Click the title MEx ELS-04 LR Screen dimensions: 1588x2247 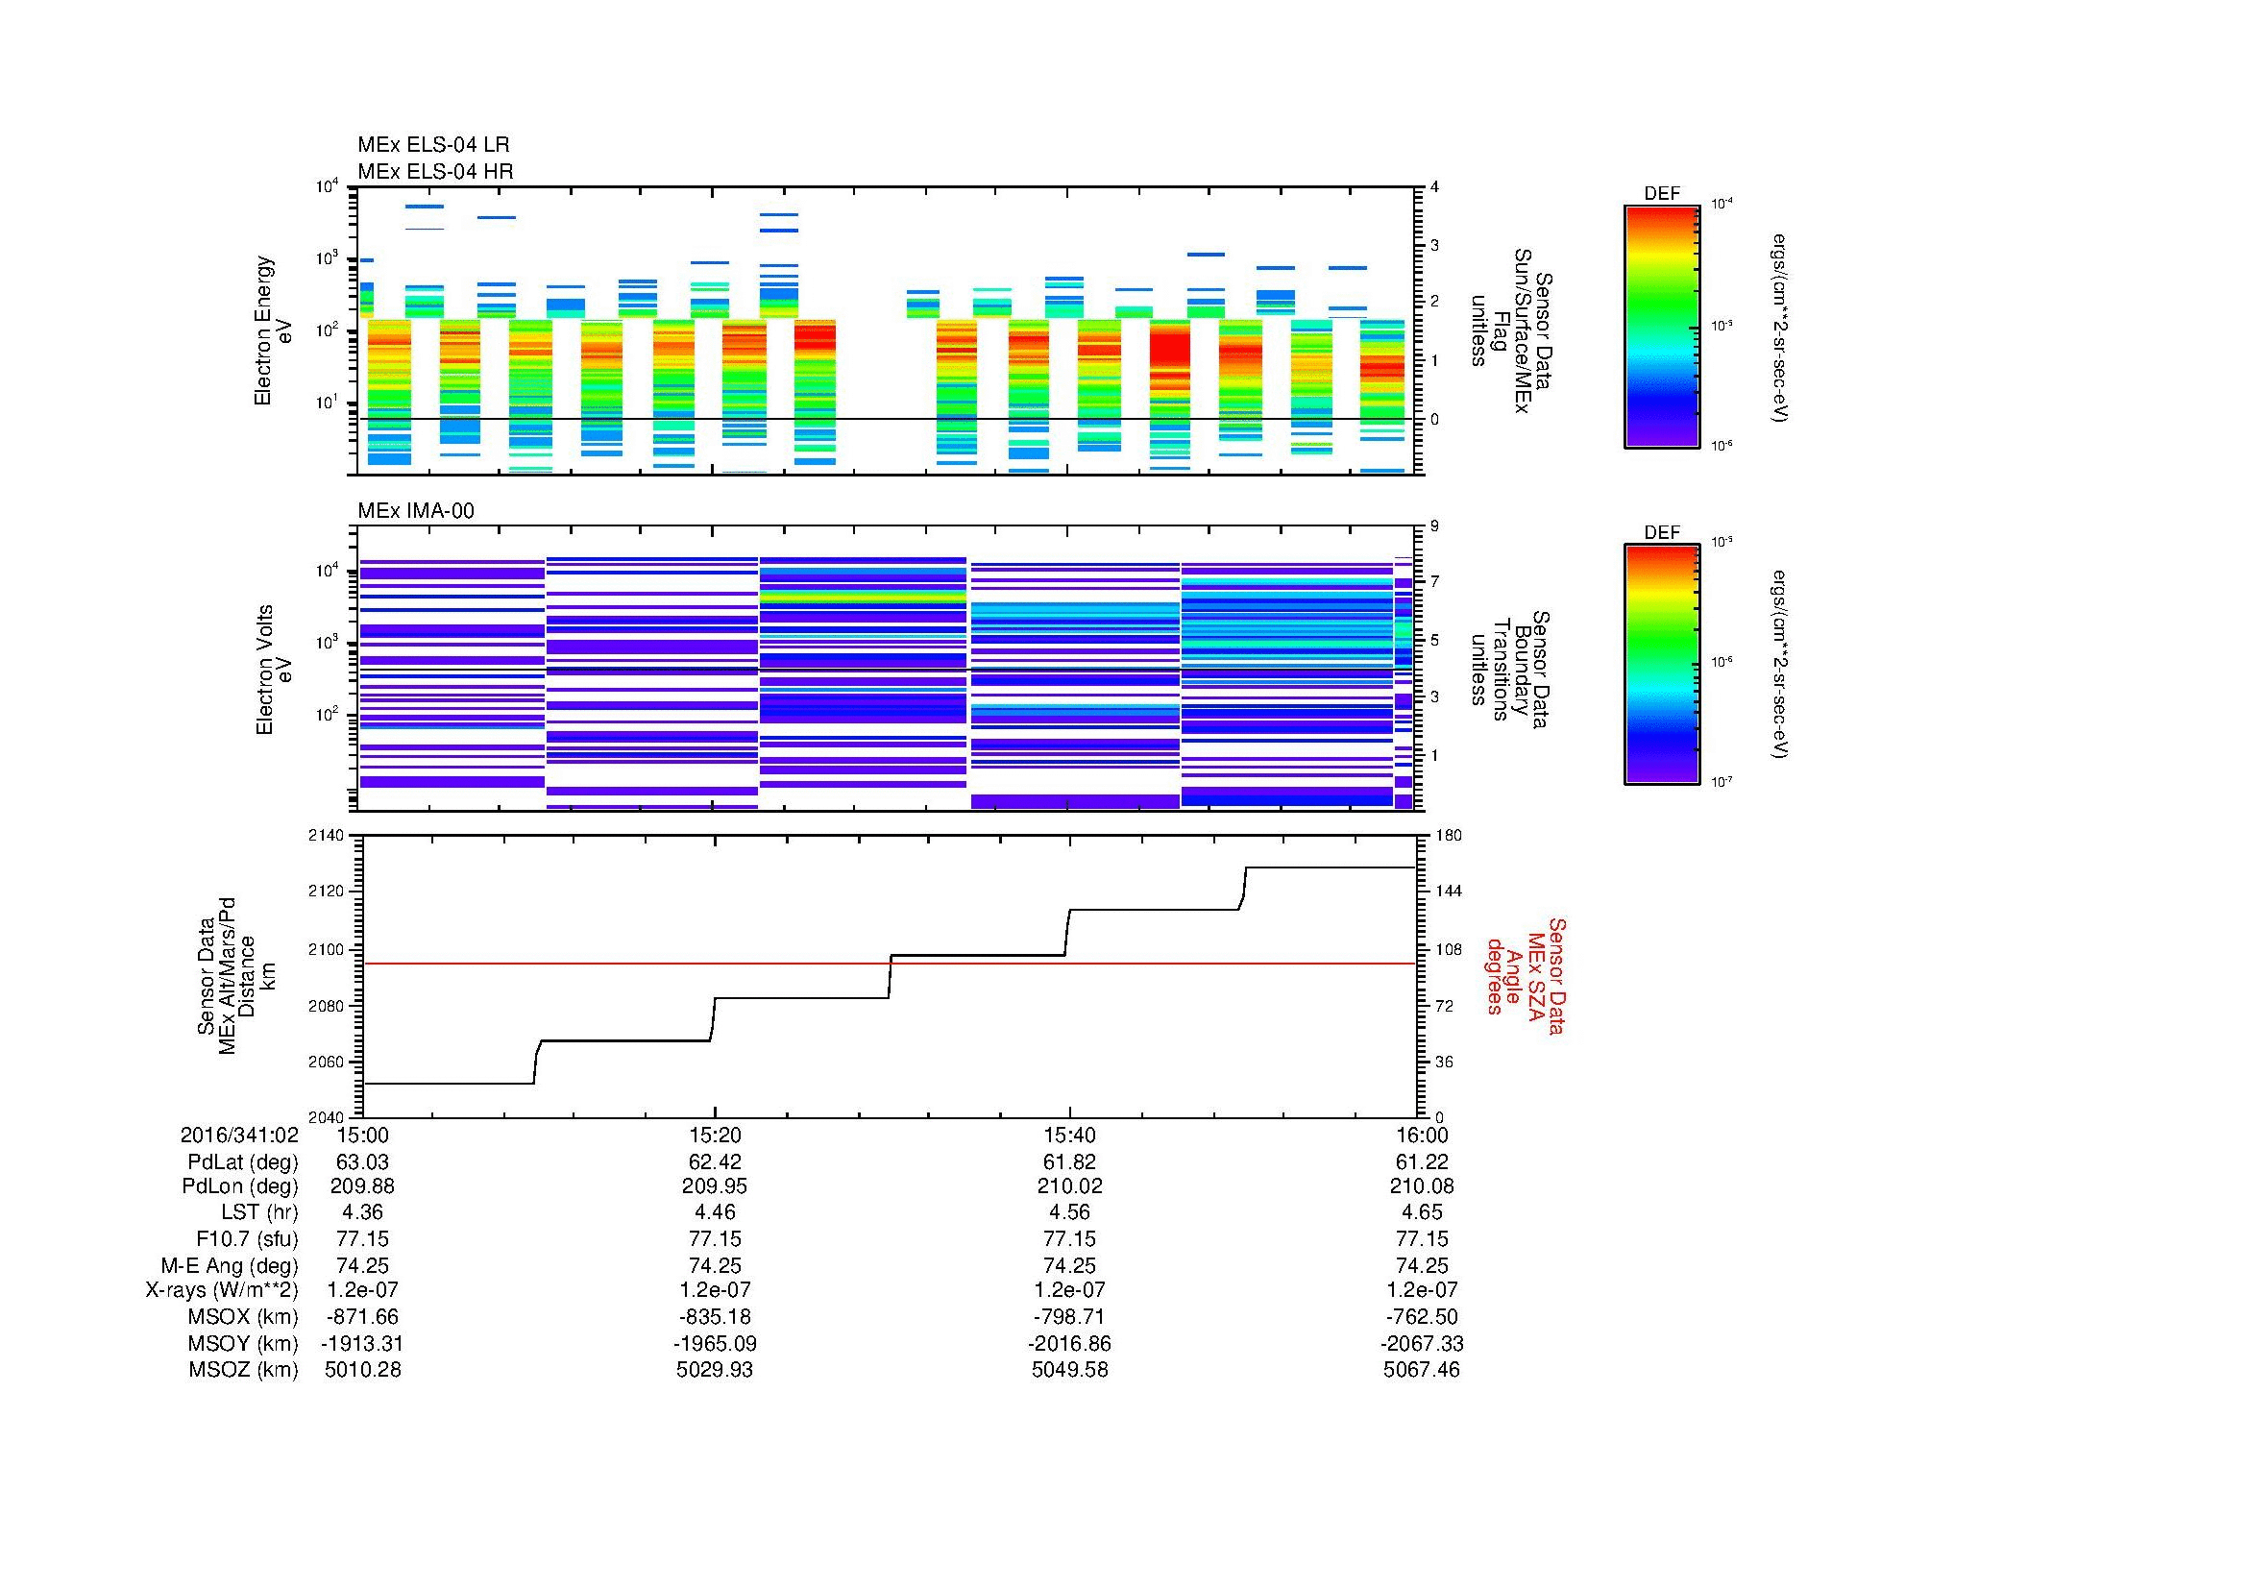click(x=432, y=145)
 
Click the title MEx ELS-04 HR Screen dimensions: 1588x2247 click(x=434, y=171)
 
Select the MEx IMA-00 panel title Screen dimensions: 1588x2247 click(x=415, y=511)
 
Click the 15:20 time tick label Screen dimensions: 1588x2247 click(x=715, y=1135)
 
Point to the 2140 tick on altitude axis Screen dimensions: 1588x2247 click(x=326, y=836)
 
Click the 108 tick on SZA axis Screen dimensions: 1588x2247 click(x=1449, y=949)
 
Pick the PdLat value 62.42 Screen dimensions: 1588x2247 click(x=715, y=1162)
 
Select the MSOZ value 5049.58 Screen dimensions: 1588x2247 click(x=1069, y=1370)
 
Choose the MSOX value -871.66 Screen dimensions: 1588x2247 click(x=362, y=1317)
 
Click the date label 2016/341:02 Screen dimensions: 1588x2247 click(x=239, y=1135)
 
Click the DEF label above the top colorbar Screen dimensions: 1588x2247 click(x=1661, y=194)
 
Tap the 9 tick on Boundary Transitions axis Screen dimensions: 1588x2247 click(x=1434, y=526)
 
